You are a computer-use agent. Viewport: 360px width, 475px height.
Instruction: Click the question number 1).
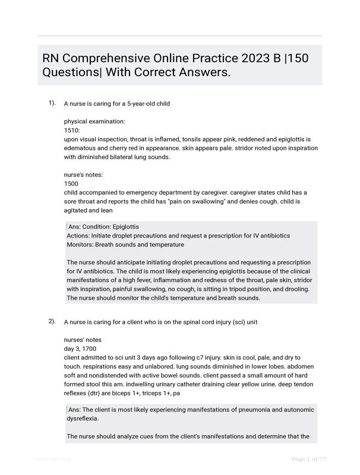[x=52, y=103]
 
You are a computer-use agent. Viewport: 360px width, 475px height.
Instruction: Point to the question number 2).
[x=52, y=321]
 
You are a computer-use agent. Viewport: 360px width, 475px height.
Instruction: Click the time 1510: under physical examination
[x=72, y=130]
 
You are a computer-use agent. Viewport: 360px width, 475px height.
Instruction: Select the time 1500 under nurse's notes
[x=71, y=183]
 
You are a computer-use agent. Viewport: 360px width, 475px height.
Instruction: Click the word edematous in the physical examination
[x=83, y=148]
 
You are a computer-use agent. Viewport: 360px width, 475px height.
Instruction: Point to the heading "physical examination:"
[x=94, y=121]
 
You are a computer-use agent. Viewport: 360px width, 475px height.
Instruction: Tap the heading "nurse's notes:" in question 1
[x=84, y=175]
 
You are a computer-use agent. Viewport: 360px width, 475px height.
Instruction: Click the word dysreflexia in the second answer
[x=83, y=419]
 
